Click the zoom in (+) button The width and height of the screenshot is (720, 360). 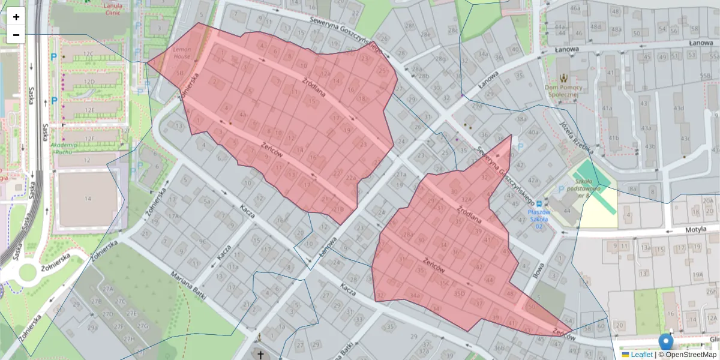16,17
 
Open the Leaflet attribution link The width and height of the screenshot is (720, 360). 641,355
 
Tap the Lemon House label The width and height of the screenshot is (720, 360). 182,53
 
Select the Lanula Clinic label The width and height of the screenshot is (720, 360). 116,9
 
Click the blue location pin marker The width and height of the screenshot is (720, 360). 666,342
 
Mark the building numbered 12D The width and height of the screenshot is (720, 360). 89,81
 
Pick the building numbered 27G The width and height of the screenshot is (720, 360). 143,326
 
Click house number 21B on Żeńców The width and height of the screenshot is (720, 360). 338,209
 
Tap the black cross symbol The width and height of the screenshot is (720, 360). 260,355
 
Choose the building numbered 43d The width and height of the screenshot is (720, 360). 679,108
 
